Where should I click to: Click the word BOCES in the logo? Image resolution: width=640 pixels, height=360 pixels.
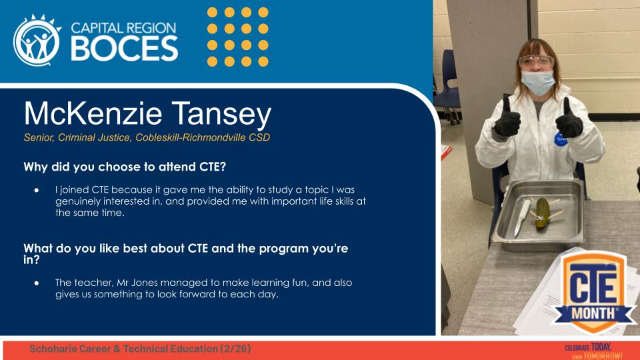point(125,48)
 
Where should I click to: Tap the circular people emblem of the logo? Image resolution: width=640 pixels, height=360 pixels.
point(37,41)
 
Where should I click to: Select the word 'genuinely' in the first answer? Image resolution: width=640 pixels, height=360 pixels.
point(78,201)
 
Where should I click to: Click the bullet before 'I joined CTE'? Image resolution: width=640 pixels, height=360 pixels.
point(37,191)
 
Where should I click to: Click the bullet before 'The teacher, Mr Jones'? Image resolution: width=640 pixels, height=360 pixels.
point(37,283)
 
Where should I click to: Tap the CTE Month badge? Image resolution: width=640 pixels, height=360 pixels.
point(587,291)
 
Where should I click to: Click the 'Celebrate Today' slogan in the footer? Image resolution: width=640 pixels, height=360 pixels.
point(588,351)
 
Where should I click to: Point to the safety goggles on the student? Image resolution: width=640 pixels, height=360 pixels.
point(536,62)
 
